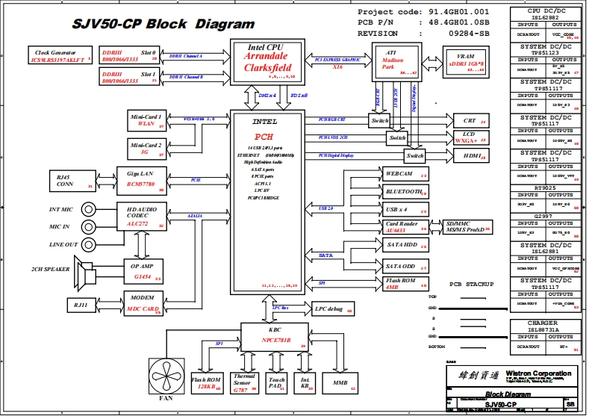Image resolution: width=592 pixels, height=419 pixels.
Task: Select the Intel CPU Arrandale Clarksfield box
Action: (x=267, y=62)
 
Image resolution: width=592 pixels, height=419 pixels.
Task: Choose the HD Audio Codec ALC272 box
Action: (x=140, y=217)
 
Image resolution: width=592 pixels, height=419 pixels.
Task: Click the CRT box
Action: (x=470, y=120)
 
